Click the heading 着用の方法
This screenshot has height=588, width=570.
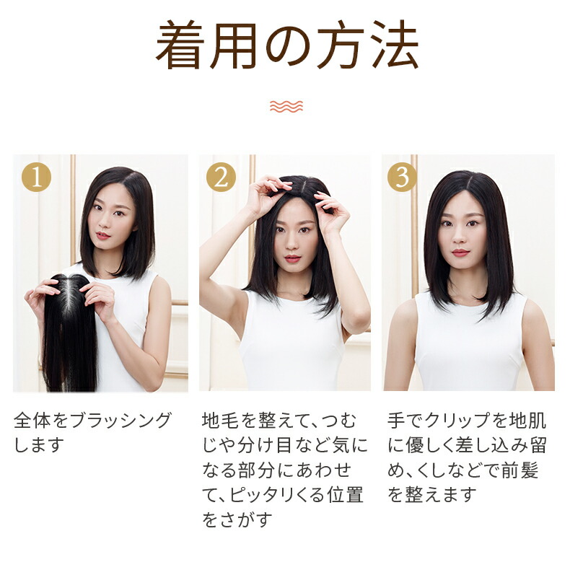[286, 48]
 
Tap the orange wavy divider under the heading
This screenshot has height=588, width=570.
[286, 107]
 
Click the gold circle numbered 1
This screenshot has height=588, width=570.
[37, 177]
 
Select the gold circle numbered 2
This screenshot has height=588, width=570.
[221, 177]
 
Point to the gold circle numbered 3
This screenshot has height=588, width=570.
[402, 177]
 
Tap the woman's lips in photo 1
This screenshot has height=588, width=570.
[103, 235]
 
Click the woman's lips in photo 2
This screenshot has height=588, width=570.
[292, 258]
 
